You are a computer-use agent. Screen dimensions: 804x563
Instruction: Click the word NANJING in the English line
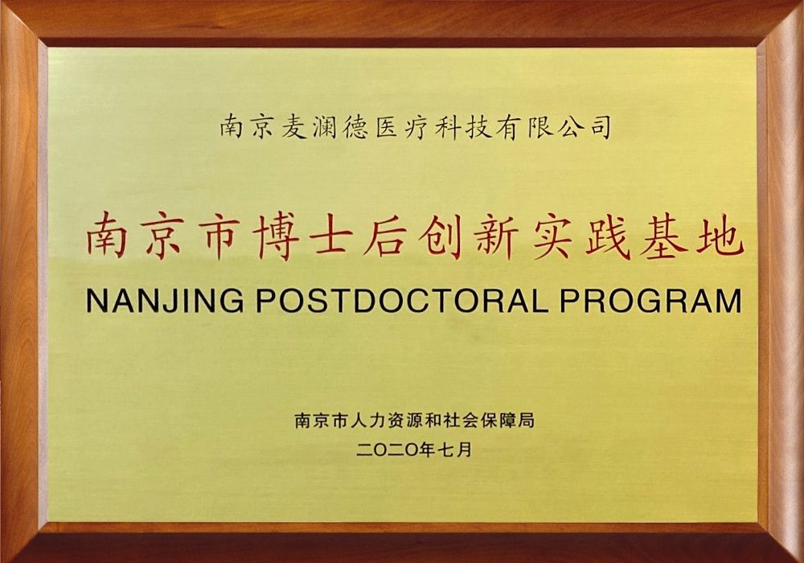(x=165, y=301)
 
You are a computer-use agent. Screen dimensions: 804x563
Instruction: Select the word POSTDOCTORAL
(x=402, y=301)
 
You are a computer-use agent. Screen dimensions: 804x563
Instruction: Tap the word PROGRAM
(x=650, y=301)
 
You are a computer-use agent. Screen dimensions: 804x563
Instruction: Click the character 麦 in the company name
(x=294, y=127)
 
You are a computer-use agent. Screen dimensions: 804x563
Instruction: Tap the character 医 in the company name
(x=387, y=127)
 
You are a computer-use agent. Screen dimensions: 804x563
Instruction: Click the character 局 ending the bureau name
(x=526, y=421)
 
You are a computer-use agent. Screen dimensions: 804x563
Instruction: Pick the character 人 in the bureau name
(x=358, y=421)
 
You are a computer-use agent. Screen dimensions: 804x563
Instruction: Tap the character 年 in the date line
(x=427, y=450)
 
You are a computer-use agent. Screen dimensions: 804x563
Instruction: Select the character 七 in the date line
(x=445, y=450)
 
